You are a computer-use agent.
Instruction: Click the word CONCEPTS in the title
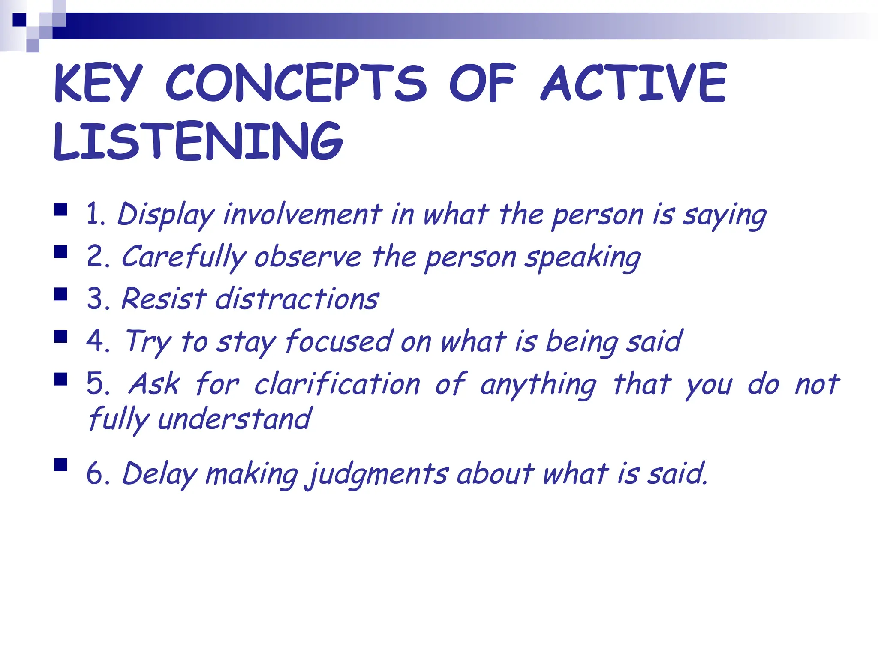click(x=296, y=84)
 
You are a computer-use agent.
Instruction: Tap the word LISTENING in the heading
click(x=198, y=141)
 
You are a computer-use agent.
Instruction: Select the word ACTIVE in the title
click(x=634, y=84)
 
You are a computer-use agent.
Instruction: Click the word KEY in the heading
click(x=98, y=84)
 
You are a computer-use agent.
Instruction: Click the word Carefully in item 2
click(x=183, y=257)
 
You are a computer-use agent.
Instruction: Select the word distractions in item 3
click(x=297, y=299)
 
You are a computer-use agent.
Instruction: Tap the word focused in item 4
click(x=339, y=341)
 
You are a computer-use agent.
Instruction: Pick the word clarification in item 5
click(x=337, y=383)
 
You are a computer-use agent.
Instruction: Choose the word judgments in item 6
click(x=377, y=474)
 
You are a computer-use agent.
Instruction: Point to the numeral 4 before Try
click(x=95, y=341)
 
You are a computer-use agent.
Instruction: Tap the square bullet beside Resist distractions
click(x=61, y=295)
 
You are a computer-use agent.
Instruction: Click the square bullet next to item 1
click(x=61, y=209)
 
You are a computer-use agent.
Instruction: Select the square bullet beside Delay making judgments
click(x=61, y=465)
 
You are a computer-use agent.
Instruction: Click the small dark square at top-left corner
click(x=19, y=20)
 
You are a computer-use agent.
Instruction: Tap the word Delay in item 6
click(x=159, y=474)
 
